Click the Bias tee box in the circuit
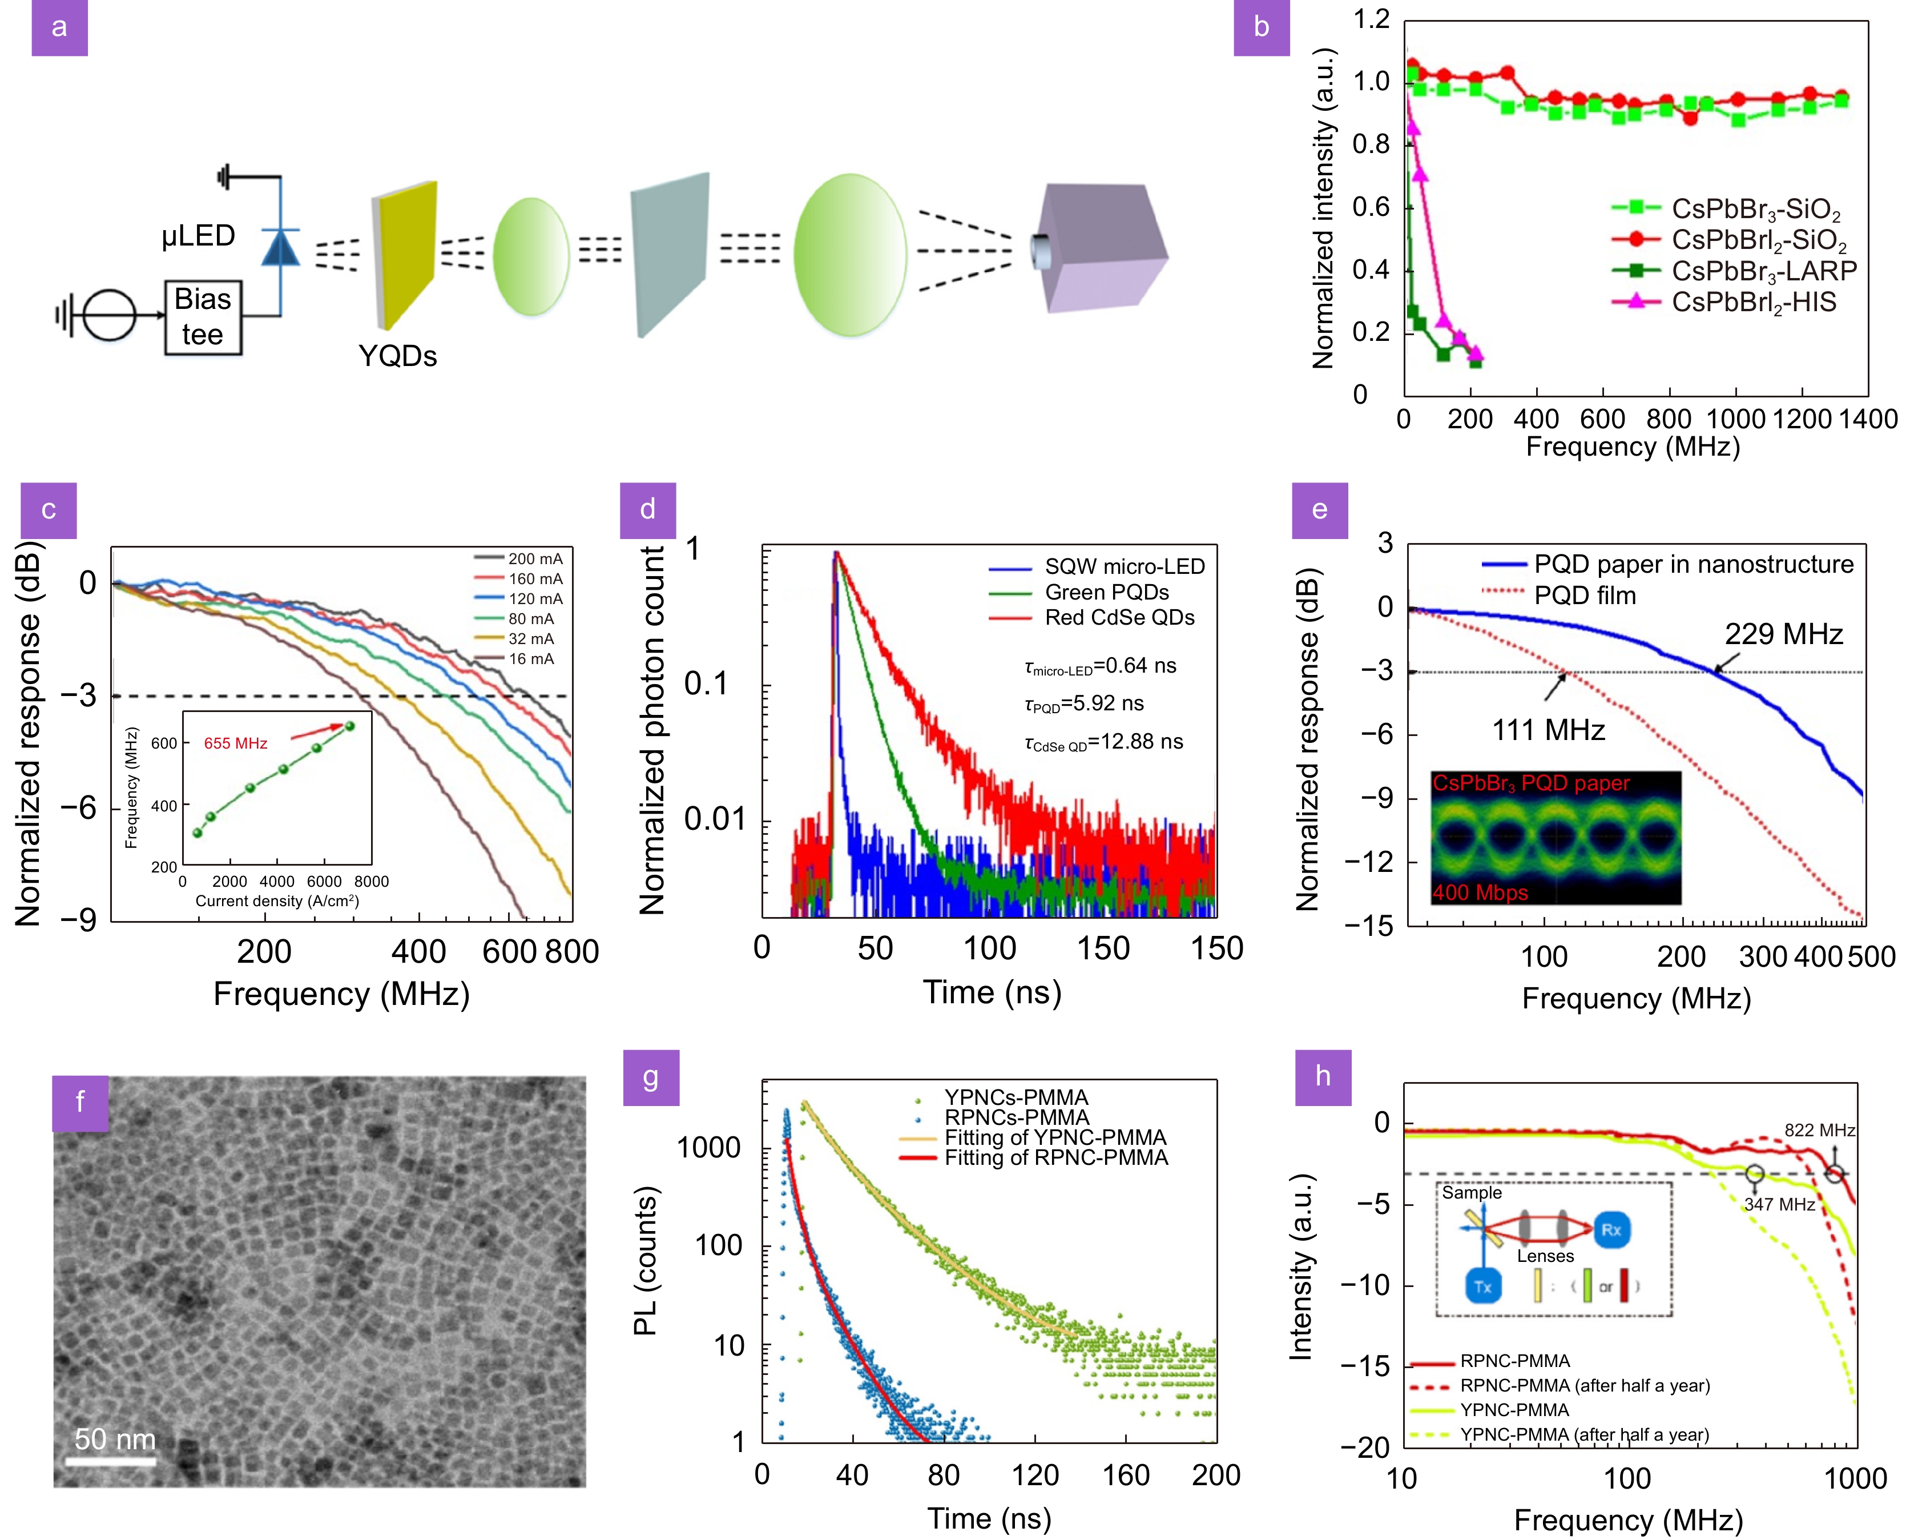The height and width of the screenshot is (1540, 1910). [x=203, y=317]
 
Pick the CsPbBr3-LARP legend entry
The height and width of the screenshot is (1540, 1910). [x=1763, y=271]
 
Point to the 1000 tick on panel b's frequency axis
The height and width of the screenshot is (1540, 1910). [x=1735, y=419]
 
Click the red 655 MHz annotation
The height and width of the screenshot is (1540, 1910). [x=235, y=743]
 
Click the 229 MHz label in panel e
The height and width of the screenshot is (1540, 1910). [x=1783, y=634]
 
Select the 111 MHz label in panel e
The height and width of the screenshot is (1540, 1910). [x=1548, y=730]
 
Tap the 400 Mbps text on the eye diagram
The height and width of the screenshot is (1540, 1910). [x=1480, y=892]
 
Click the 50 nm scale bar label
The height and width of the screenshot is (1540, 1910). [x=114, y=1439]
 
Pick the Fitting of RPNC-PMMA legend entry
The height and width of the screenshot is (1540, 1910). [x=1055, y=1157]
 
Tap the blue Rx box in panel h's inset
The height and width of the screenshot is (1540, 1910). [x=1611, y=1229]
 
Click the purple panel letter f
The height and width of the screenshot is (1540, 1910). [x=80, y=1103]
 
